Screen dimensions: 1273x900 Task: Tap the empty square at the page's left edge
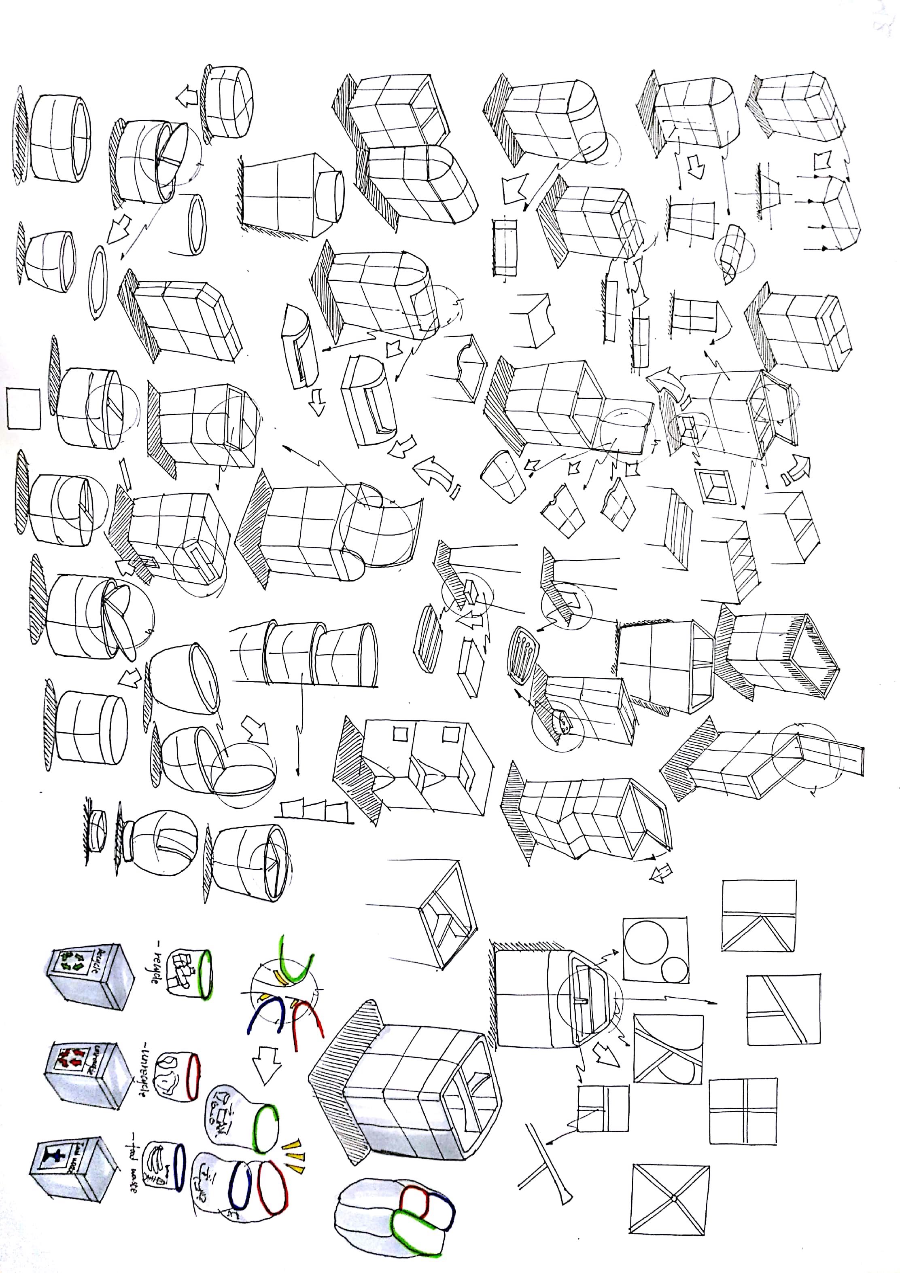[23, 408]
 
